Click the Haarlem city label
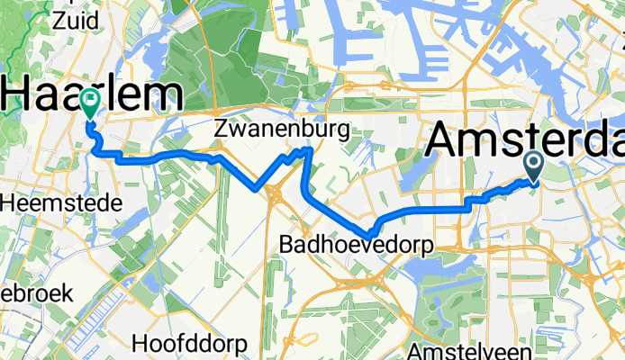coord(90,94)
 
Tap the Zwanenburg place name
coord(282,130)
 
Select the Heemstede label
coord(61,204)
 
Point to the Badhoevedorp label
coord(356,244)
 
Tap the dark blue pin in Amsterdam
coord(532,164)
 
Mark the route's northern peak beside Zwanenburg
coord(308,149)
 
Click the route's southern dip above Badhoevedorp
coord(371,235)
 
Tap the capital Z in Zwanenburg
coord(222,130)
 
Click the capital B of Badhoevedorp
coord(285,244)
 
